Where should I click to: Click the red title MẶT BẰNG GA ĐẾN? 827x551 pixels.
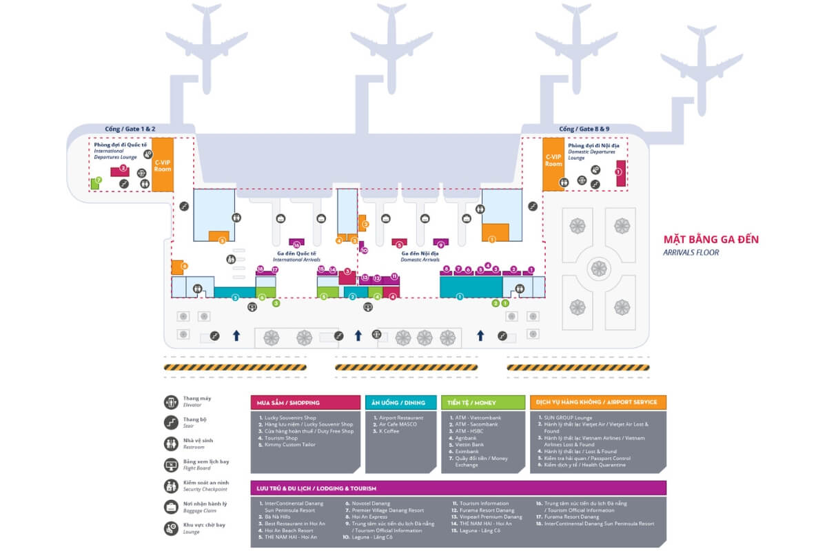pos(711,240)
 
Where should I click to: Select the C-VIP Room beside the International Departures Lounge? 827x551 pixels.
pos(162,165)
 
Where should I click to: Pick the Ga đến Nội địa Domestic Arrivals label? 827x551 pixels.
pos(420,256)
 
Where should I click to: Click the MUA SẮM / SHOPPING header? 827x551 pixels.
pos(305,402)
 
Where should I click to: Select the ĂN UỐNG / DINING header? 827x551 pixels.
pos(400,402)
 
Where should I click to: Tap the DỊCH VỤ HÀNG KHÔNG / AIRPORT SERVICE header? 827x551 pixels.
pos(598,402)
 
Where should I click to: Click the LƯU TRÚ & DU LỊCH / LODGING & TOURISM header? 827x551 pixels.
pos(458,488)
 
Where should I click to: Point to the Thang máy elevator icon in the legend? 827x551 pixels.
pos(171,402)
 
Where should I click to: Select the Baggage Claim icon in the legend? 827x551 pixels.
pos(171,507)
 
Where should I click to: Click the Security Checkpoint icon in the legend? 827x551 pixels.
pos(171,486)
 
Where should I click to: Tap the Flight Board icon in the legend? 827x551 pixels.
pos(171,465)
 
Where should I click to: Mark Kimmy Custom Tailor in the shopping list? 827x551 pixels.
pos(289,445)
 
